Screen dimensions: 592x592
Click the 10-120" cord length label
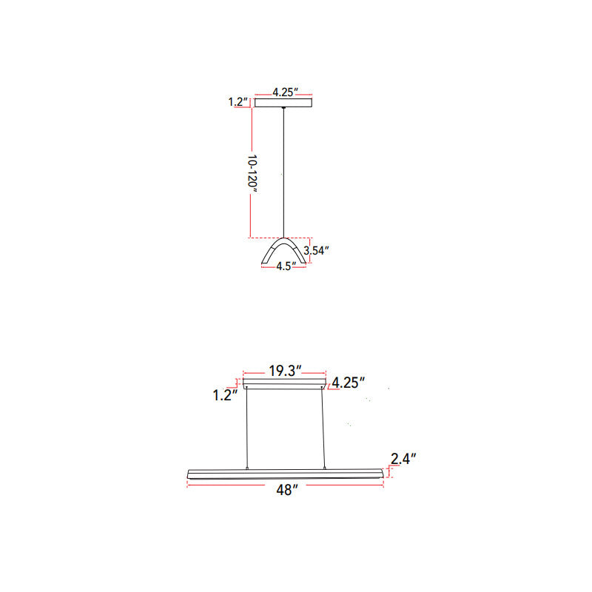253,174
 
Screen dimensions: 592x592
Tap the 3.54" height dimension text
316,250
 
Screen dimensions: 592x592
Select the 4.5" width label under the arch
286,266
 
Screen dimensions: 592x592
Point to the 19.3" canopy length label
285,371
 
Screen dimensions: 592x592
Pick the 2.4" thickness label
403,459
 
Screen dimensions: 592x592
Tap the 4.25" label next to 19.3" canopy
348,383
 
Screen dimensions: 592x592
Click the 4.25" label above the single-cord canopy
284,92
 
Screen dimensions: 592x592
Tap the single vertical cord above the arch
283,170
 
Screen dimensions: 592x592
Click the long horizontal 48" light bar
285,473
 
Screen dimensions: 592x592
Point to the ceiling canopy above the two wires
285,383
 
